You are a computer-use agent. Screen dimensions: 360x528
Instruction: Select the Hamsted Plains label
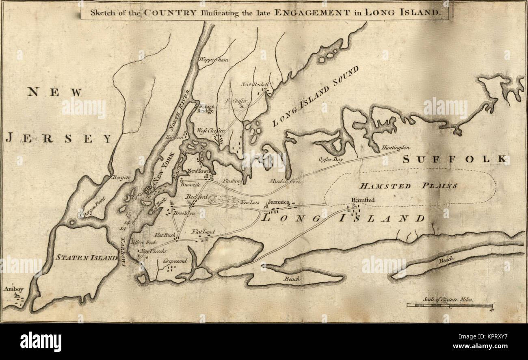[x=409, y=186]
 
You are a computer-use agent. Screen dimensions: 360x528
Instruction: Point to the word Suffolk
[x=455, y=159]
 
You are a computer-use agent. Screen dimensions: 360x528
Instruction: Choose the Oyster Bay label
[x=331, y=160]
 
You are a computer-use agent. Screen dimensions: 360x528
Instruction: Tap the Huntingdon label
[x=396, y=147]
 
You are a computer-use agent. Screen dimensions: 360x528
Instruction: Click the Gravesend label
[x=175, y=261]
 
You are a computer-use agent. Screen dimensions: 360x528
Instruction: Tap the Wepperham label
[x=213, y=60]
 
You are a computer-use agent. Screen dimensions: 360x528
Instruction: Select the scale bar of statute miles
[x=450, y=305]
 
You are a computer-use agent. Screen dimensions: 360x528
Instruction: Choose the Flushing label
[x=232, y=180]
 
